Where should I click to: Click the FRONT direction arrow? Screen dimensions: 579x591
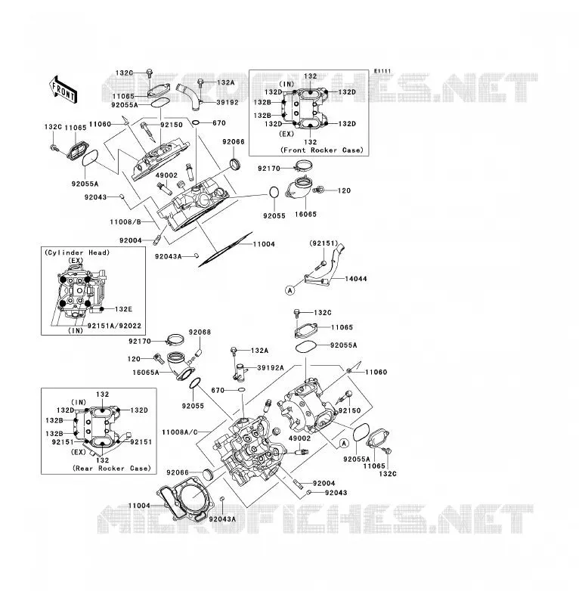click(63, 89)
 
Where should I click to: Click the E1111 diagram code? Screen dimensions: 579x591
click(382, 71)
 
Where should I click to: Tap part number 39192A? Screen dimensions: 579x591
click(271, 367)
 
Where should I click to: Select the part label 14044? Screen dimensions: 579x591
click(355, 279)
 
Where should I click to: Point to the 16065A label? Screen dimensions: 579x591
click(145, 373)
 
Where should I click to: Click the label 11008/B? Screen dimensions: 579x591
click(125, 222)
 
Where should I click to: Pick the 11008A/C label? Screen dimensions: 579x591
click(179, 432)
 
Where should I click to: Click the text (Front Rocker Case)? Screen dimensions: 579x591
click(322, 150)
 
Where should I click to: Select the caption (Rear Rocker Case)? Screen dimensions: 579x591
click(112, 468)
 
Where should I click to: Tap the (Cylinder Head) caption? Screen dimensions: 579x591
click(77, 252)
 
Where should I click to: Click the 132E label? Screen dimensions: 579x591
click(123, 309)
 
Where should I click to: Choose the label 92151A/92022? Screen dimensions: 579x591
click(114, 326)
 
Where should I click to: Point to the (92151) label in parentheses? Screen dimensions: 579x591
click(324, 243)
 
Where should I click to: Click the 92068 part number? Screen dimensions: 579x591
click(200, 332)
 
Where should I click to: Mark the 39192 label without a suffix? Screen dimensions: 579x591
click(228, 102)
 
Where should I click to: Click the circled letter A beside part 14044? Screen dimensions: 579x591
click(289, 290)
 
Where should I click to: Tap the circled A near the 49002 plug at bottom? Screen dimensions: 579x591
click(344, 443)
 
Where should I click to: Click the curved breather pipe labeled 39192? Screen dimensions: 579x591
click(190, 96)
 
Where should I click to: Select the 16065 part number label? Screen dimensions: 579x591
click(305, 214)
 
